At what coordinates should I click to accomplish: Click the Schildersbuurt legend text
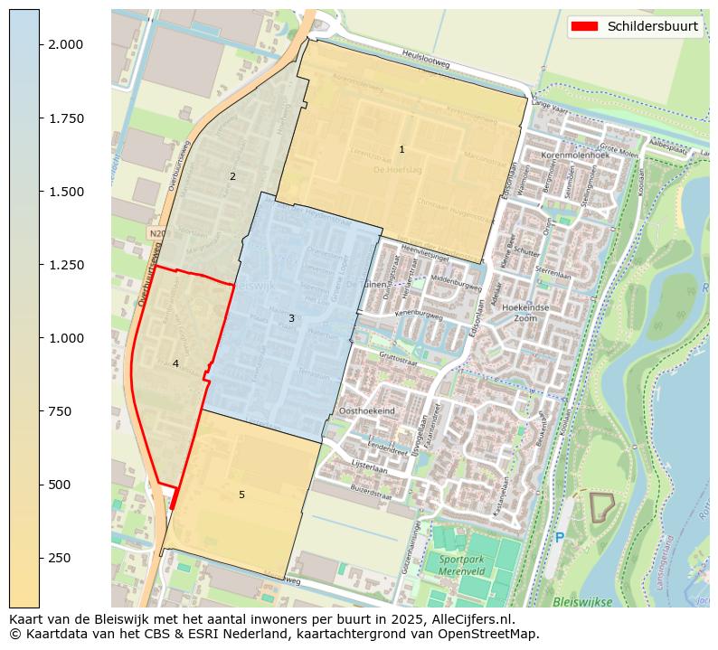point(652,26)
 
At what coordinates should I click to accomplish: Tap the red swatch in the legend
point(586,26)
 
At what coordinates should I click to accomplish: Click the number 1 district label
point(402,149)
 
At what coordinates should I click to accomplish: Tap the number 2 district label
point(232,176)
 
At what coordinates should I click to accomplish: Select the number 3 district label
point(291,318)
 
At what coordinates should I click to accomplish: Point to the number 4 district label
point(175,363)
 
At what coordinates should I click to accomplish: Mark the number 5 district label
point(241,495)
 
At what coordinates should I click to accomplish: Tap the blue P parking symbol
point(559,538)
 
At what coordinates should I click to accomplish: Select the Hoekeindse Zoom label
point(525,313)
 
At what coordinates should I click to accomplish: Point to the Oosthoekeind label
point(366,410)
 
